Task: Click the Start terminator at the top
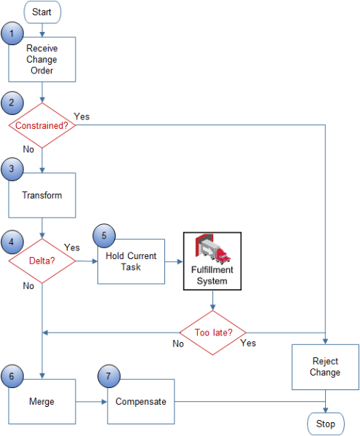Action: click(x=43, y=12)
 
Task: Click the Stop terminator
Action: click(x=325, y=423)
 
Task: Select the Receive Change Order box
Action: click(x=42, y=60)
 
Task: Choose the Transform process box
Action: click(x=42, y=195)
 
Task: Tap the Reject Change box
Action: click(x=325, y=367)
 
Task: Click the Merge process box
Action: click(x=42, y=401)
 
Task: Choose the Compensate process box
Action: click(x=141, y=401)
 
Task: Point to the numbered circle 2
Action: click(x=12, y=103)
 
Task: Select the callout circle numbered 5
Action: click(x=103, y=236)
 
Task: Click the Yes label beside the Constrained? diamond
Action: click(x=81, y=116)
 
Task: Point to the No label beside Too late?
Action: click(x=177, y=343)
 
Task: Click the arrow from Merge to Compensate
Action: click(x=92, y=401)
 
